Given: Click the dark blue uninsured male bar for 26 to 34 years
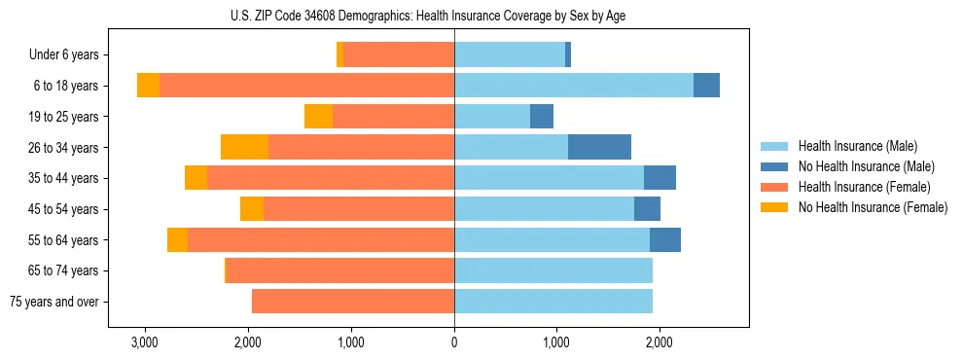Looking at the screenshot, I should click(x=599, y=148).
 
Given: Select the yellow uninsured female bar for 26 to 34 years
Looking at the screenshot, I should click(x=244, y=148).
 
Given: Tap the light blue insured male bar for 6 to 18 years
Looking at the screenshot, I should click(x=574, y=86).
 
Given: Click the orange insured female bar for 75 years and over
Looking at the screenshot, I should click(x=353, y=302).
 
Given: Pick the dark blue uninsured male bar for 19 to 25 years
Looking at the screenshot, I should click(x=542, y=117).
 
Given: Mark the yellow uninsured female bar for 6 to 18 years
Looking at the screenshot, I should click(x=148, y=86).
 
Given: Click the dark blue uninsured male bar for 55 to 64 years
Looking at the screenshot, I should click(x=665, y=240).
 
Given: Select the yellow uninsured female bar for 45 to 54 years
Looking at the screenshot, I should click(x=252, y=209).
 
